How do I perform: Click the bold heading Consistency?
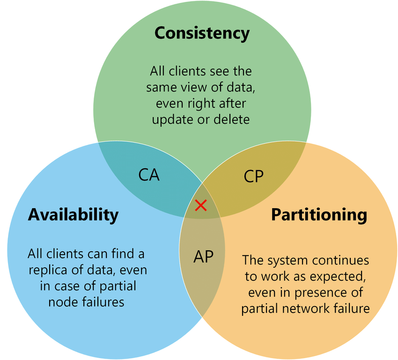pyautogui.click(x=202, y=33)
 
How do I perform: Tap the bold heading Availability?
pyautogui.click(x=73, y=215)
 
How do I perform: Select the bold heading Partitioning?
pyautogui.click(x=319, y=215)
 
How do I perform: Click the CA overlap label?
pyautogui.click(x=149, y=174)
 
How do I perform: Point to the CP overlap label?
pyautogui.click(x=254, y=176)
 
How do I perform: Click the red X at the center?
pyautogui.click(x=201, y=205)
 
